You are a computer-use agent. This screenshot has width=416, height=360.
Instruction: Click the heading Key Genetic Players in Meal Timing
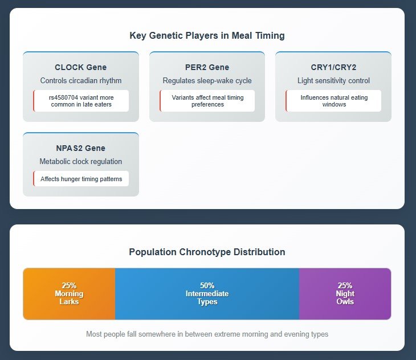tap(207, 35)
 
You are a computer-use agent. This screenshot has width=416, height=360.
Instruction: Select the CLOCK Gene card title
tap(81, 67)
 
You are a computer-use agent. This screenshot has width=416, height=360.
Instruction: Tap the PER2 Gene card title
tap(207, 67)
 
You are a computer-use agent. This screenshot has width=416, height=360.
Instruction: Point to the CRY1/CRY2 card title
tap(333, 67)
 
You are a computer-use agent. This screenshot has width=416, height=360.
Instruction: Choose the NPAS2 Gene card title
tap(81, 148)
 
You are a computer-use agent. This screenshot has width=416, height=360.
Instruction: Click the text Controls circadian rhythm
tap(81, 80)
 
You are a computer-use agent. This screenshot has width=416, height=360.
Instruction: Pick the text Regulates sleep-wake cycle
tap(207, 80)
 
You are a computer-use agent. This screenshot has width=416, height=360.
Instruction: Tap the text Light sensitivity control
tap(333, 80)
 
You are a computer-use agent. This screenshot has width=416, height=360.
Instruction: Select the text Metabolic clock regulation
tap(81, 161)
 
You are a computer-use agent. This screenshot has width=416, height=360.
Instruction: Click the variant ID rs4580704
tap(63, 97)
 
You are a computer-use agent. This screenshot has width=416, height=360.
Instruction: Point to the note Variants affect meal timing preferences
tap(207, 101)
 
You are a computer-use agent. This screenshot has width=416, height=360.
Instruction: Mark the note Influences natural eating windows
tap(334, 101)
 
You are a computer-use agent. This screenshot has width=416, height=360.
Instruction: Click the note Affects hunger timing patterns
tap(81, 179)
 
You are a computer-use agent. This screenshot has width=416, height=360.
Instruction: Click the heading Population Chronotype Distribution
tap(207, 252)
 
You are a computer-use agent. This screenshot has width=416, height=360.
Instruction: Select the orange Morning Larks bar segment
tap(70, 294)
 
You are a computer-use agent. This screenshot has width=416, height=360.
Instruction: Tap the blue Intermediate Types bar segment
tap(207, 294)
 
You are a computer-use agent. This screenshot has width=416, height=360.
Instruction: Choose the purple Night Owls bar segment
tap(345, 294)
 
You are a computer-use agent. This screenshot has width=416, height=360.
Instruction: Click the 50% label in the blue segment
tap(207, 285)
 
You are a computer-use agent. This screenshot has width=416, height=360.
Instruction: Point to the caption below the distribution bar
tap(207, 334)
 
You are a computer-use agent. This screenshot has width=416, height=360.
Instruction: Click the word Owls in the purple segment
tap(345, 302)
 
